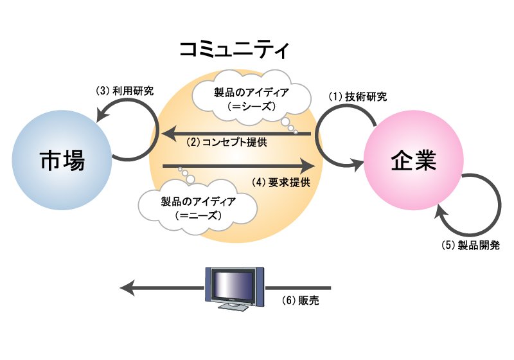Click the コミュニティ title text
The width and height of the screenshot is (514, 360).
(x=235, y=50)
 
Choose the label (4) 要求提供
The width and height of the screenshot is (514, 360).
(x=281, y=181)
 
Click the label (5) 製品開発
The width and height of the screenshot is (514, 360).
(x=471, y=246)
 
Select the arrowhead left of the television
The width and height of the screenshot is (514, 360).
(x=128, y=287)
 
